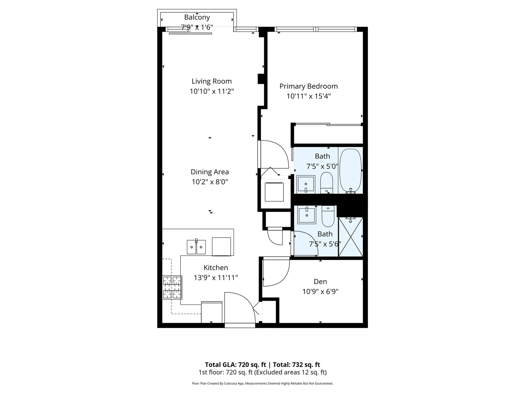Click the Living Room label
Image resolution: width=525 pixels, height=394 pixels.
[x=211, y=81]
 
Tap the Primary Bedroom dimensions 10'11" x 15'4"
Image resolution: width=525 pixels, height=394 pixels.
[x=308, y=96]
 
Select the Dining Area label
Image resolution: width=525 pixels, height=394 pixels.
[x=210, y=172]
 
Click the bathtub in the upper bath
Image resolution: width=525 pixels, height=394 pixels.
[x=350, y=171]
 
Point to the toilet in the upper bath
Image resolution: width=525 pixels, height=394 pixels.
[x=326, y=182]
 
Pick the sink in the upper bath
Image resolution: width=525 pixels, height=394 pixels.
[x=306, y=184]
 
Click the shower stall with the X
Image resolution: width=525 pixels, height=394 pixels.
[x=351, y=237]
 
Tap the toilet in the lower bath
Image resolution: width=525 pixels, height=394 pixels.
[x=328, y=216]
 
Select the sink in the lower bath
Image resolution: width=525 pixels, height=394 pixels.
[x=306, y=215]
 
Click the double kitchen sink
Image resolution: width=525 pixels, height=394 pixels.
[x=196, y=247]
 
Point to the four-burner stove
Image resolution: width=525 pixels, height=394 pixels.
[x=172, y=288]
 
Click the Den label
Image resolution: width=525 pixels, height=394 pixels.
[x=320, y=282]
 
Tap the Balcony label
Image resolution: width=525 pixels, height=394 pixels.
[x=197, y=17]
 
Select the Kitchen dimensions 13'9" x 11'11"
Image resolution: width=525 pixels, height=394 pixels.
[x=216, y=278]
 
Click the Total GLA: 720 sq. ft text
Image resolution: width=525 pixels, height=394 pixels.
[x=235, y=364]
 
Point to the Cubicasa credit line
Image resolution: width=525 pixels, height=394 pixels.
[x=262, y=383]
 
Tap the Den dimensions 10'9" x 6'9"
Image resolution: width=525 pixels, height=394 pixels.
[x=320, y=292]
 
